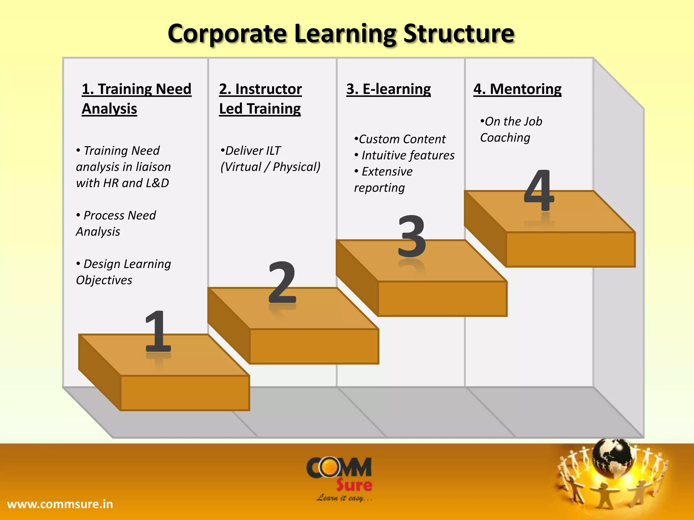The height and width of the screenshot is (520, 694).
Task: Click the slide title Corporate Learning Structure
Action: pos(341,34)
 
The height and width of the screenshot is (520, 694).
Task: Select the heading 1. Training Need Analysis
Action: pos(136,99)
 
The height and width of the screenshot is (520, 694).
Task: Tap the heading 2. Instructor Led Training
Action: pos(260,99)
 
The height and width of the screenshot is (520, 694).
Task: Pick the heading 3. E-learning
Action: pos(388,89)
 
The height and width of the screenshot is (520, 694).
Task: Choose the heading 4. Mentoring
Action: pos(517,89)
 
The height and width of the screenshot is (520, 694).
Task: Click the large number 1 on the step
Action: pos(158,332)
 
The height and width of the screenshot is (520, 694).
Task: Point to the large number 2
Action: pos(282,283)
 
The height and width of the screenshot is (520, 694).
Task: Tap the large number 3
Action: pos(411,236)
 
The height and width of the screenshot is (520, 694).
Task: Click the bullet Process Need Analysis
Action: pos(116,223)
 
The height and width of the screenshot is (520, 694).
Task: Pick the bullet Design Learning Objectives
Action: pos(123,272)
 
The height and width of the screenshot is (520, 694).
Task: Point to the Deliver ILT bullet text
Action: pos(270,159)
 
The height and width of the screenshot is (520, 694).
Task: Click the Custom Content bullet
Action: pos(400,139)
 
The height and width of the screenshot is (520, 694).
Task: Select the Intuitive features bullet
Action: pos(405,155)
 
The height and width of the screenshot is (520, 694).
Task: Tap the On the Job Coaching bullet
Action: pos(511,129)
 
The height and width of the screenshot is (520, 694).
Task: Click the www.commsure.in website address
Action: pos(60,504)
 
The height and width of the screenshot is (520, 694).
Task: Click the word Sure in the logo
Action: pos(354,485)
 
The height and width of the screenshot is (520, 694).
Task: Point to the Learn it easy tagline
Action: pos(344,498)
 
